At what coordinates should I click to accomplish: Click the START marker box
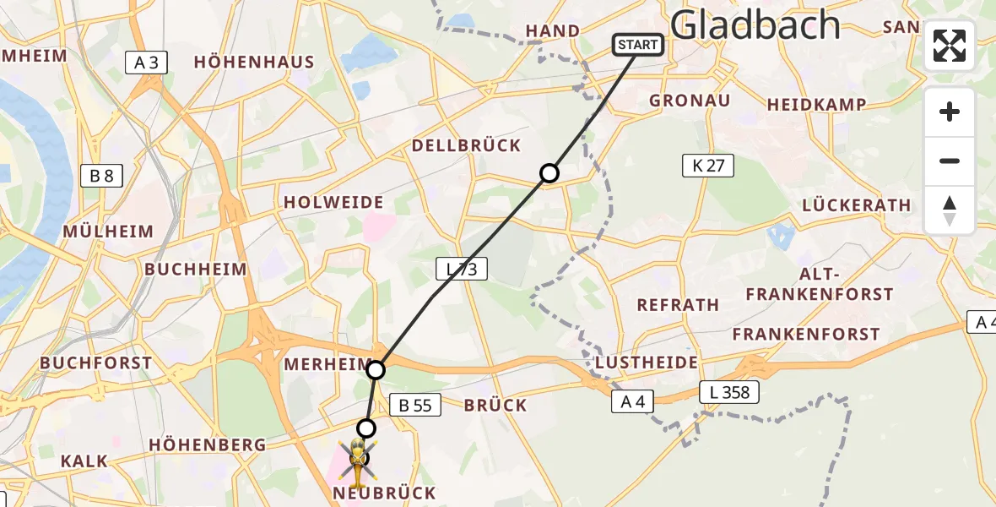click(638, 45)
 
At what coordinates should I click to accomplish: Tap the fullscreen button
click(950, 46)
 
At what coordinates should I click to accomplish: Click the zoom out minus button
click(950, 161)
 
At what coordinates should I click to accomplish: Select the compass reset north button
click(950, 210)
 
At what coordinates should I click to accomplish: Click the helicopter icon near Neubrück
click(359, 460)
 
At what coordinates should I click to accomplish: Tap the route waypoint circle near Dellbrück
click(549, 173)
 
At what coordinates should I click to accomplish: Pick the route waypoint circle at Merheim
click(376, 369)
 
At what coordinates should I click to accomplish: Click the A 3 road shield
click(147, 62)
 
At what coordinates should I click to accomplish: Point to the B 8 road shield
click(101, 176)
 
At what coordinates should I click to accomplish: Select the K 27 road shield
click(708, 166)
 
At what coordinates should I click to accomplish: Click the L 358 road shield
click(729, 392)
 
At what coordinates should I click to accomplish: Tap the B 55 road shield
click(414, 406)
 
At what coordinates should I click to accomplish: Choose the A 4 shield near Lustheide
click(632, 403)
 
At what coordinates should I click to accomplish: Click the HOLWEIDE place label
click(333, 203)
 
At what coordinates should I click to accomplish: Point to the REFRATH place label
click(678, 305)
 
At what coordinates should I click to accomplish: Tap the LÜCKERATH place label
click(857, 205)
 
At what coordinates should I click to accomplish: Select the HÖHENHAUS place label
click(253, 62)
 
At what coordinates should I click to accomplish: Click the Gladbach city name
click(755, 25)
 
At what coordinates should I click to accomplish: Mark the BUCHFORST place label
click(95, 363)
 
